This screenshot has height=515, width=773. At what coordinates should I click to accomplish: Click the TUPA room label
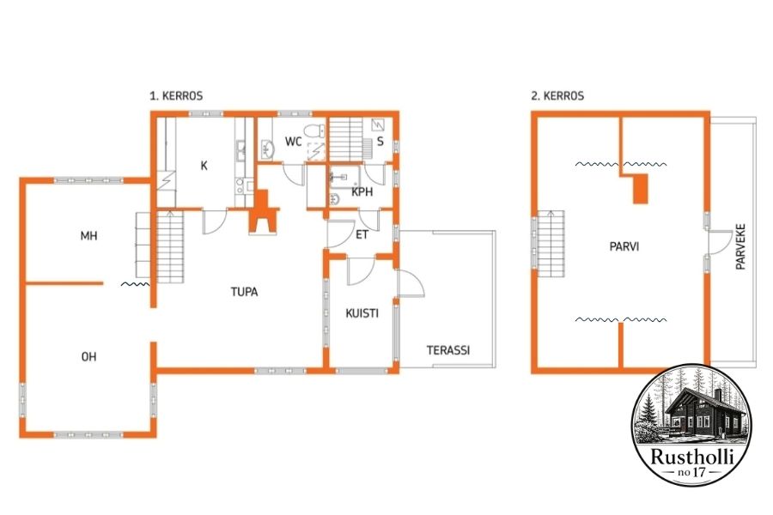coord(244,292)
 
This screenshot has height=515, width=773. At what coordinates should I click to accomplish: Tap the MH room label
coord(88,236)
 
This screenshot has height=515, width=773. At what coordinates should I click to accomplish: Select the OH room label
coord(88,356)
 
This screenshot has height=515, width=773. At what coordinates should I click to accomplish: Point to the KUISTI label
coord(362,313)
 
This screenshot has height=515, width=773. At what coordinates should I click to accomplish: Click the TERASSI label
coord(448,350)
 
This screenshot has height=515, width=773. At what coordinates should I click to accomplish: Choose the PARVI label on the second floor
coord(624,246)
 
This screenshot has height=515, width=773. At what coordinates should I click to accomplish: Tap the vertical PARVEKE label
coord(740,246)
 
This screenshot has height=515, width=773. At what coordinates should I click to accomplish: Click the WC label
coord(294,142)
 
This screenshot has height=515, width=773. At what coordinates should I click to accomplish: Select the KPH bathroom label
coord(362,192)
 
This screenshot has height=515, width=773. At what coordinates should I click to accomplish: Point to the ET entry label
coord(362,234)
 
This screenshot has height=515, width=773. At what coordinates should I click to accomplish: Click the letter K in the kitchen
coord(204,166)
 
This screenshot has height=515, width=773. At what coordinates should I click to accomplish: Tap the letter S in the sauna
coord(380,142)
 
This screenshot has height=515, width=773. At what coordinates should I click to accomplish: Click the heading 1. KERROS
coord(176,95)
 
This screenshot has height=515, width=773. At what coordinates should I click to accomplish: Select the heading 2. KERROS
coord(557,95)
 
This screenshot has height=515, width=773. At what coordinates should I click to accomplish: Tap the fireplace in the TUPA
coord(264,211)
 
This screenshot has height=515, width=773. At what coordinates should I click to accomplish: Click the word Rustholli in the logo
coord(692,457)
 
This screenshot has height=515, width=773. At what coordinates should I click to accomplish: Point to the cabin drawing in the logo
coord(697,411)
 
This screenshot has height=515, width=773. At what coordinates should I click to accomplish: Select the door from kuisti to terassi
coord(411,284)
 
